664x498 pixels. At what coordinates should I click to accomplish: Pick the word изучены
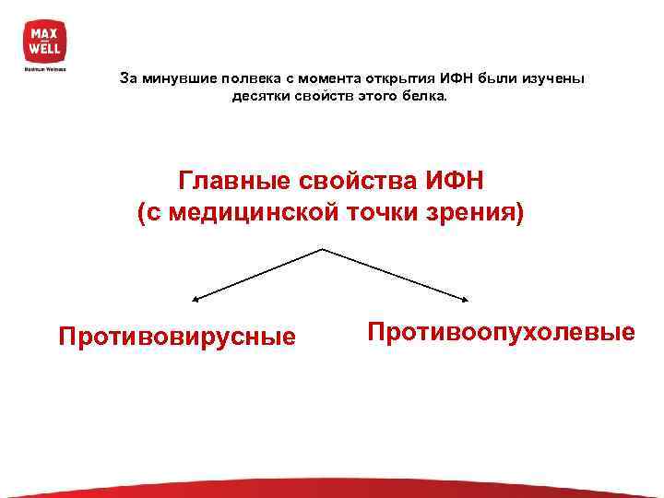[552, 78]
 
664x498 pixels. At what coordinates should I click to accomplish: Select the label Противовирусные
[177, 336]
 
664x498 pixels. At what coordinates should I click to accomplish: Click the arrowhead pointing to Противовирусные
[196, 299]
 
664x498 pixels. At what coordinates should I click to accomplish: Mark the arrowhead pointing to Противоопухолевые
[467, 298]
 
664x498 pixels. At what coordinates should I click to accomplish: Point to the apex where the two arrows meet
[323, 249]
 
